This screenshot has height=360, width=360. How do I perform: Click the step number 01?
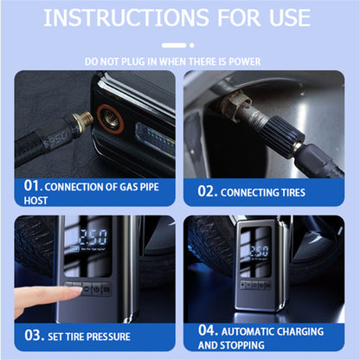(33, 185)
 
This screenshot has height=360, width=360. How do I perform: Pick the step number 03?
(33, 336)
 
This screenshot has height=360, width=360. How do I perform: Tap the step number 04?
(208, 330)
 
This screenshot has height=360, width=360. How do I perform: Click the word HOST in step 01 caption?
(35, 200)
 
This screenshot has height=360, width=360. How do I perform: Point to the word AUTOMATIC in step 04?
(253, 331)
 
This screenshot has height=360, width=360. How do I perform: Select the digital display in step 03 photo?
(92, 240)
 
